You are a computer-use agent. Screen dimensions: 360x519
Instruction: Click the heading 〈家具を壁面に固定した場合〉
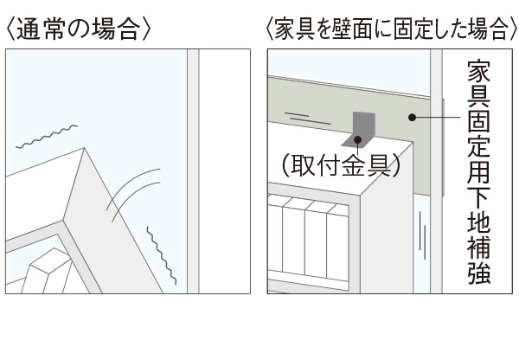[387, 29]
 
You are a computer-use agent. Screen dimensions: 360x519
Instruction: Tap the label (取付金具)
[339, 164]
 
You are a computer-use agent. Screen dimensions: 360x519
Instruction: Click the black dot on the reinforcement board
[413, 119]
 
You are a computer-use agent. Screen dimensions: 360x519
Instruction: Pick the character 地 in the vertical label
[479, 218]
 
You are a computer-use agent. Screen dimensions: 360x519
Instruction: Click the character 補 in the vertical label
[479, 247]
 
